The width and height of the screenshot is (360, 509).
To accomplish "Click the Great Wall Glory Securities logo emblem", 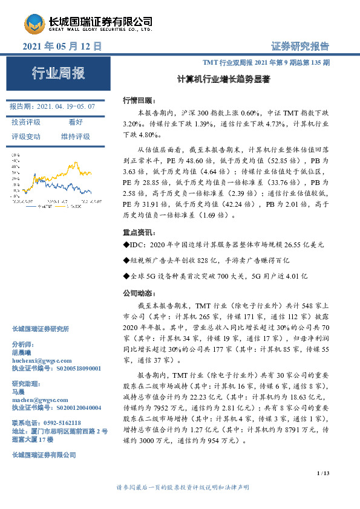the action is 34,22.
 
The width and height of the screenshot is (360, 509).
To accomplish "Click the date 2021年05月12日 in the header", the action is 61,46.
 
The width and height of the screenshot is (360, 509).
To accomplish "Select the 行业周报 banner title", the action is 58,74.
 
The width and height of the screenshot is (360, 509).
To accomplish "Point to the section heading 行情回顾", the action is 139,100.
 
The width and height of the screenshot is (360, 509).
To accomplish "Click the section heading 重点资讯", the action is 139,232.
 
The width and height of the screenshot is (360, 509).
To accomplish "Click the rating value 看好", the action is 76,122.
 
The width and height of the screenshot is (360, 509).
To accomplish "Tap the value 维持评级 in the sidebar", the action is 76,137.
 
